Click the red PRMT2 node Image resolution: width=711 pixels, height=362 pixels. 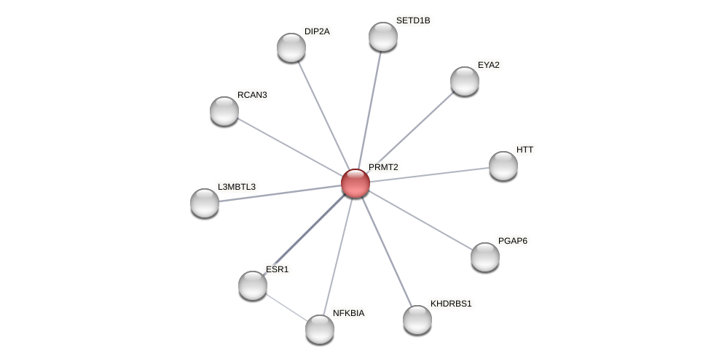click(355, 183)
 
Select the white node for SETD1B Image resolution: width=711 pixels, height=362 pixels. click(383, 36)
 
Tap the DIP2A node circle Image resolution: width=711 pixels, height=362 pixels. click(291, 47)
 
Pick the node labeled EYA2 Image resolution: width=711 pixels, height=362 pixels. click(465, 81)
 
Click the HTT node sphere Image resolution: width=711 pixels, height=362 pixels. click(503, 166)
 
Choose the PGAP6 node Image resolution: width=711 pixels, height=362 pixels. click(485, 257)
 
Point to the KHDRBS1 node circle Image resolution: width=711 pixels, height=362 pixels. click(417, 320)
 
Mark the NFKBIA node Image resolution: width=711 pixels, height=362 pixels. click(320, 329)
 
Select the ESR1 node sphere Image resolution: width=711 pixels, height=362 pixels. click(253, 285)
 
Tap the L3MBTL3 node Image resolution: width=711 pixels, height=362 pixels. click(205, 203)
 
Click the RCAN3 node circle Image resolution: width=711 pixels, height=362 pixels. click(224, 111)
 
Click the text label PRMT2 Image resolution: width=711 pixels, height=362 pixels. click(383, 167)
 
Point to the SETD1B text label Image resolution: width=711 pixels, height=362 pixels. click(413, 20)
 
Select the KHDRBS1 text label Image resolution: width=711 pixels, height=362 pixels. click(451, 304)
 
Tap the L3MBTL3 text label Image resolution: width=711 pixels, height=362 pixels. click(237, 187)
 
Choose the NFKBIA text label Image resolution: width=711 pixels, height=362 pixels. click(348, 313)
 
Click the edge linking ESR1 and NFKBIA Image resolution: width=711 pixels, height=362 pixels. click(286, 307)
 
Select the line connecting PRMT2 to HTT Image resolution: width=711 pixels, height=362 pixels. click(430, 174)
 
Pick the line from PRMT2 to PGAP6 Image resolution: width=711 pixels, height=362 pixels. click(420, 220)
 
